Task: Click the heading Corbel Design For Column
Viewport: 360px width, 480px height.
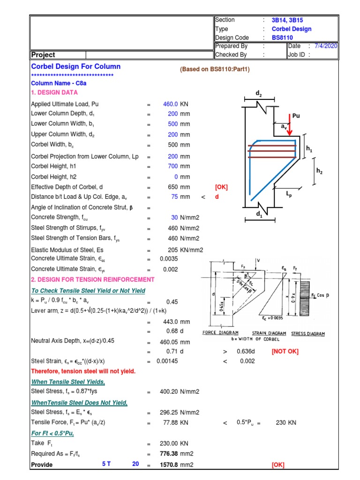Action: coord(75,67)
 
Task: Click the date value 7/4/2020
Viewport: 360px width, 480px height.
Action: coord(326,46)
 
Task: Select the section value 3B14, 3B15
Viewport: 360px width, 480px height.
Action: coord(287,20)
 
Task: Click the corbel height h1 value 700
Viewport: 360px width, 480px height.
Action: coord(172,166)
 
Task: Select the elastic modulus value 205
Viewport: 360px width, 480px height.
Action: coord(173,250)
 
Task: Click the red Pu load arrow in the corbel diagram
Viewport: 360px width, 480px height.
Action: coord(289,127)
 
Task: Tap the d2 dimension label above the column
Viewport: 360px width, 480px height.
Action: coord(259,94)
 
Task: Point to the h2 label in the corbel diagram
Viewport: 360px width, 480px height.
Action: coord(319,172)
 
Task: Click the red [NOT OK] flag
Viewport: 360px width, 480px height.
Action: coord(285,351)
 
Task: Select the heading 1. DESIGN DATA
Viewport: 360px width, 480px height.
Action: coord(54,93)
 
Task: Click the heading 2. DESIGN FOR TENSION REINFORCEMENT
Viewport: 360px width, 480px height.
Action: coord(93,279)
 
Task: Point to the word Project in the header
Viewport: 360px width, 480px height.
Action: coord(43,55)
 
